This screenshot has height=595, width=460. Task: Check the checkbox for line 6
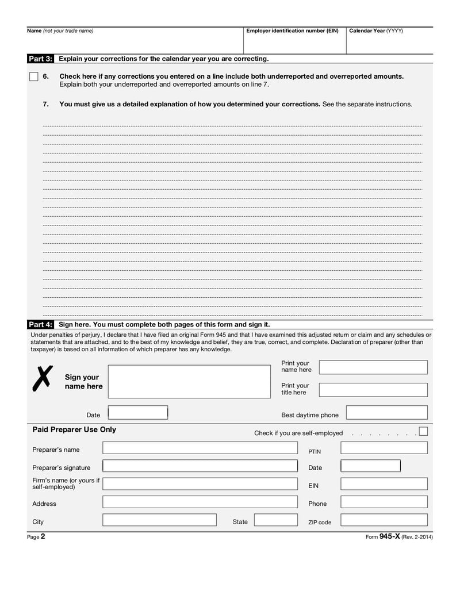pyautogui.click(x=34, y=76)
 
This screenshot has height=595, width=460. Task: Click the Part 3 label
pyautogui.click(x=40, y=59)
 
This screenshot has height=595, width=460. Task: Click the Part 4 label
pyautogui.click(x=40, y=324)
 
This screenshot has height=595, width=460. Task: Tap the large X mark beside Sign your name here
pyautogui.click(x=41, y=378)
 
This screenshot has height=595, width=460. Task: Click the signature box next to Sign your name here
pyautogui.click(x=189, y=381)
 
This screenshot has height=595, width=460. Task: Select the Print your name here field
pyautogui.click(x=373, y=367)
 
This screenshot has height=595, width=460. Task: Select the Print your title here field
pyautogui.click(x=373, y=389)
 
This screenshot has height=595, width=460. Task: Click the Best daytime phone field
pyautogui.click(x=386, y=412)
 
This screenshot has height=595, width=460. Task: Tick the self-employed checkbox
pyautogui.click(x=423, y=431)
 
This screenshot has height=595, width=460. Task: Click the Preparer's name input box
pyautogui.click(x=200, y=448)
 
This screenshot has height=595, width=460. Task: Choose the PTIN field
pyautogui.click(x=384, y=448)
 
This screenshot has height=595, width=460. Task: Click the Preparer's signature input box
pyautogui.click(x=200, y=466)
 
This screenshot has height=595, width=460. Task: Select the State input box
pyautogui.click(x=276, y=520)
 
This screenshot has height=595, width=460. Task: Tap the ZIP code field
pyautogui.click(x=384, y=520)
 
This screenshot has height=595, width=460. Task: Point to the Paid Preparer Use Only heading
pyautogui.click(x=74, y=429)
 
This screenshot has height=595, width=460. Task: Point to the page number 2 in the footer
pyautogui.click(x=43, y=536)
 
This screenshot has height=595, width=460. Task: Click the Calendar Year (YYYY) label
pyautogui.click(x=376, y=31)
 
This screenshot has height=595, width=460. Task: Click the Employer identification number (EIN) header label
pyautogui.click(x=292, y=31)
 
